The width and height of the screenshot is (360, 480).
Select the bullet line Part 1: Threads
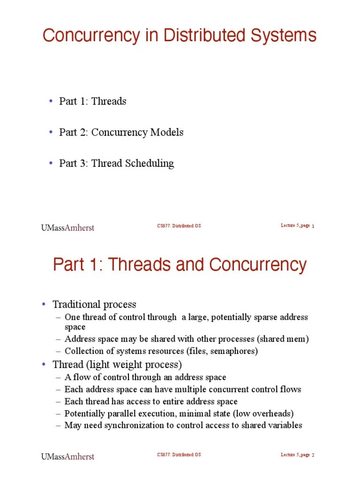click(92, 101)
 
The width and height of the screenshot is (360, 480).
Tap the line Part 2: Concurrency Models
click(121, 132)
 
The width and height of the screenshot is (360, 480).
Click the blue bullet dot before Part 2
click(51, 132)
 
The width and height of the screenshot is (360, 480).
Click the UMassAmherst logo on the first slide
click(67, 228)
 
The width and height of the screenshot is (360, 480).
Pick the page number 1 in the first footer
click(313, 227)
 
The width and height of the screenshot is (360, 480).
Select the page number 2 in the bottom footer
click(313, 456)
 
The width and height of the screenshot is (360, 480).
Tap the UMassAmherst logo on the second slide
click(67, 457)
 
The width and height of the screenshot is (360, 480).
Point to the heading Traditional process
click(94, 304)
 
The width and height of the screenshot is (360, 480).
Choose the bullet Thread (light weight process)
click(117, 364)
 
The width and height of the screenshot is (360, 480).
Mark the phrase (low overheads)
click(265, 413)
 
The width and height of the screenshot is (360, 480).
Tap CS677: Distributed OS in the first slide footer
click(179, 226)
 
